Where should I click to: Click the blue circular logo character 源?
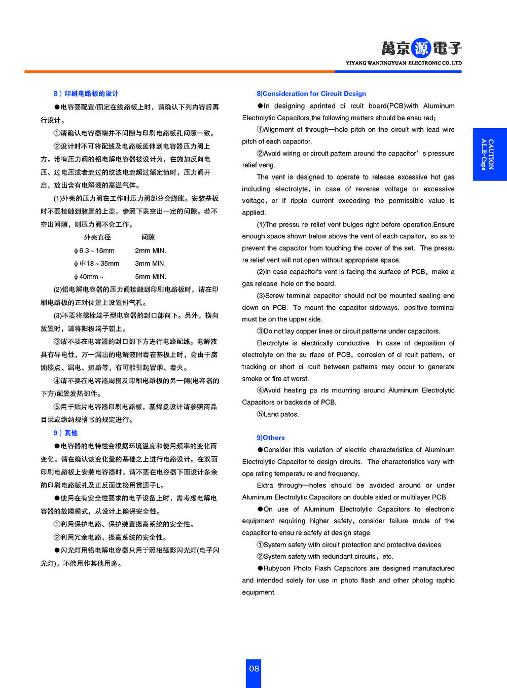(421, 48)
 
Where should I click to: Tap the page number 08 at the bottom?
(254, 669)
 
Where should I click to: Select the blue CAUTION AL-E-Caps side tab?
(489, 154)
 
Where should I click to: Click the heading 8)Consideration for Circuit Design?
(311, 94)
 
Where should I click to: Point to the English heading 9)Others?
(271, 438)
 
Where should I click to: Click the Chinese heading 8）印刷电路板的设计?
(86, 94)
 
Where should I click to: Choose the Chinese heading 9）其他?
(65, 433)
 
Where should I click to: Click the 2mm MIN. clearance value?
(150, 250)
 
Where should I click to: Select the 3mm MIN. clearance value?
(150, 264)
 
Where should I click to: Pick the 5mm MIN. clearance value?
(150, 277)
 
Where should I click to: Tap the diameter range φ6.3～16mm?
(94, 250)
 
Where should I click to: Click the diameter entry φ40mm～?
(89, 277)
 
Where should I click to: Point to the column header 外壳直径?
(97, 237)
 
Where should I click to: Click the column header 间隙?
(148, 237)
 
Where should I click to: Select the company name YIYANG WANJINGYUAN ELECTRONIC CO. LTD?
(404, 63)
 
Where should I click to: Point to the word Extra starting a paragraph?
(265, 485)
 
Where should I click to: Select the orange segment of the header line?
(177, 71)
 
